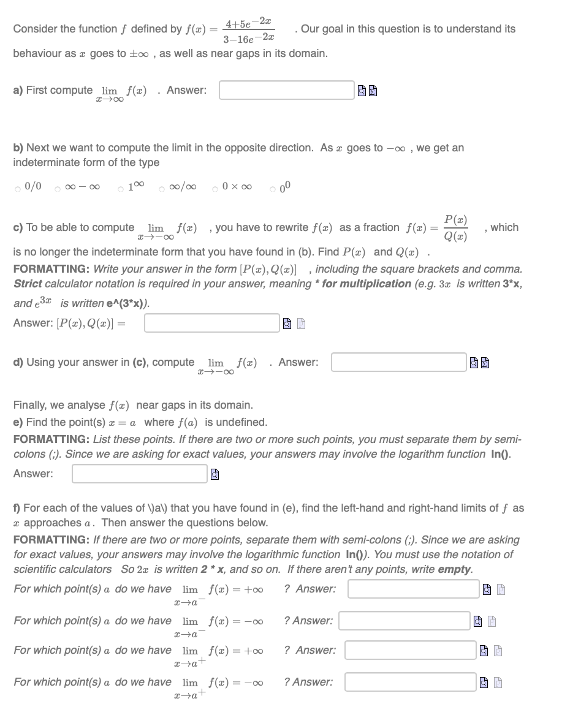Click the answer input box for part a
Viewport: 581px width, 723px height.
pos(287,90)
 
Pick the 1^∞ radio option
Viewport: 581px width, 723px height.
pos(121,187)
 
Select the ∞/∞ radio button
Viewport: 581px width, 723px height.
pos(162,187)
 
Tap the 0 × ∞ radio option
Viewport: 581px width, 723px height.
pos(215,187)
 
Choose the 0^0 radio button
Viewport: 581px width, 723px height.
pos(273,187)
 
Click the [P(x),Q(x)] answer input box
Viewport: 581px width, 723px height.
pos(212,323)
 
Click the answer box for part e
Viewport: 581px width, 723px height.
pos(140,474)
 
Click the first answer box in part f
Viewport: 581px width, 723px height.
pos(414,589)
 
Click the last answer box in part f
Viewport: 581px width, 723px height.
pos(410,682)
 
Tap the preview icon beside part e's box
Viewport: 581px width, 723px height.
pos(215,474)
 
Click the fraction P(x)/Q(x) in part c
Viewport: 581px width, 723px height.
pos(455,228)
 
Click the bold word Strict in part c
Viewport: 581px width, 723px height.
pos(28,284)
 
